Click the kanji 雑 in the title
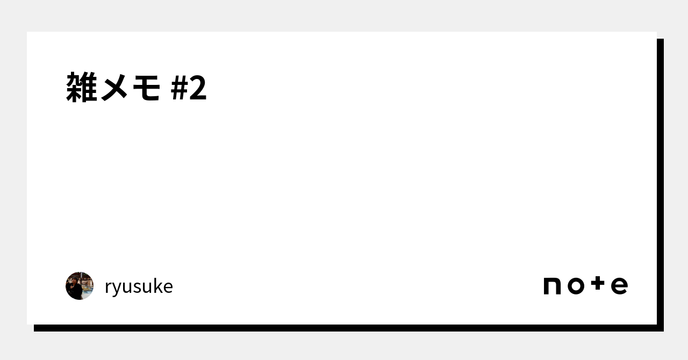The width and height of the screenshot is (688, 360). (82, 88)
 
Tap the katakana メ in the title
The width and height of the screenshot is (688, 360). (114, 88)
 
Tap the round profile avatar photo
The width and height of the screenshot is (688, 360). (80, 286)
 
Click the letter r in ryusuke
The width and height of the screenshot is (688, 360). (108, 287)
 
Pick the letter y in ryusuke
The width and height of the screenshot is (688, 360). (116, 289)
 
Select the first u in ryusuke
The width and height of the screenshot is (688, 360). (126, 287)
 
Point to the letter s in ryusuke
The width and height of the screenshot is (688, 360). (136, 287)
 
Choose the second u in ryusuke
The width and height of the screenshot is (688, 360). (145, 287)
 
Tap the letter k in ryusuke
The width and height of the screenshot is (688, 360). (155, 286)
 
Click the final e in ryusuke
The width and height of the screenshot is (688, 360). (167, 287)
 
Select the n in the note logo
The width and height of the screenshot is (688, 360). (552, 286)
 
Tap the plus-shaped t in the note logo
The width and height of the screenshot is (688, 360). (597, 284)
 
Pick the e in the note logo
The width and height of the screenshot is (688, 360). (619, 286)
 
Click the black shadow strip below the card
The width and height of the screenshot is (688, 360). (344, 328)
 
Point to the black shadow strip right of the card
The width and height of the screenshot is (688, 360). (660, 183)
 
